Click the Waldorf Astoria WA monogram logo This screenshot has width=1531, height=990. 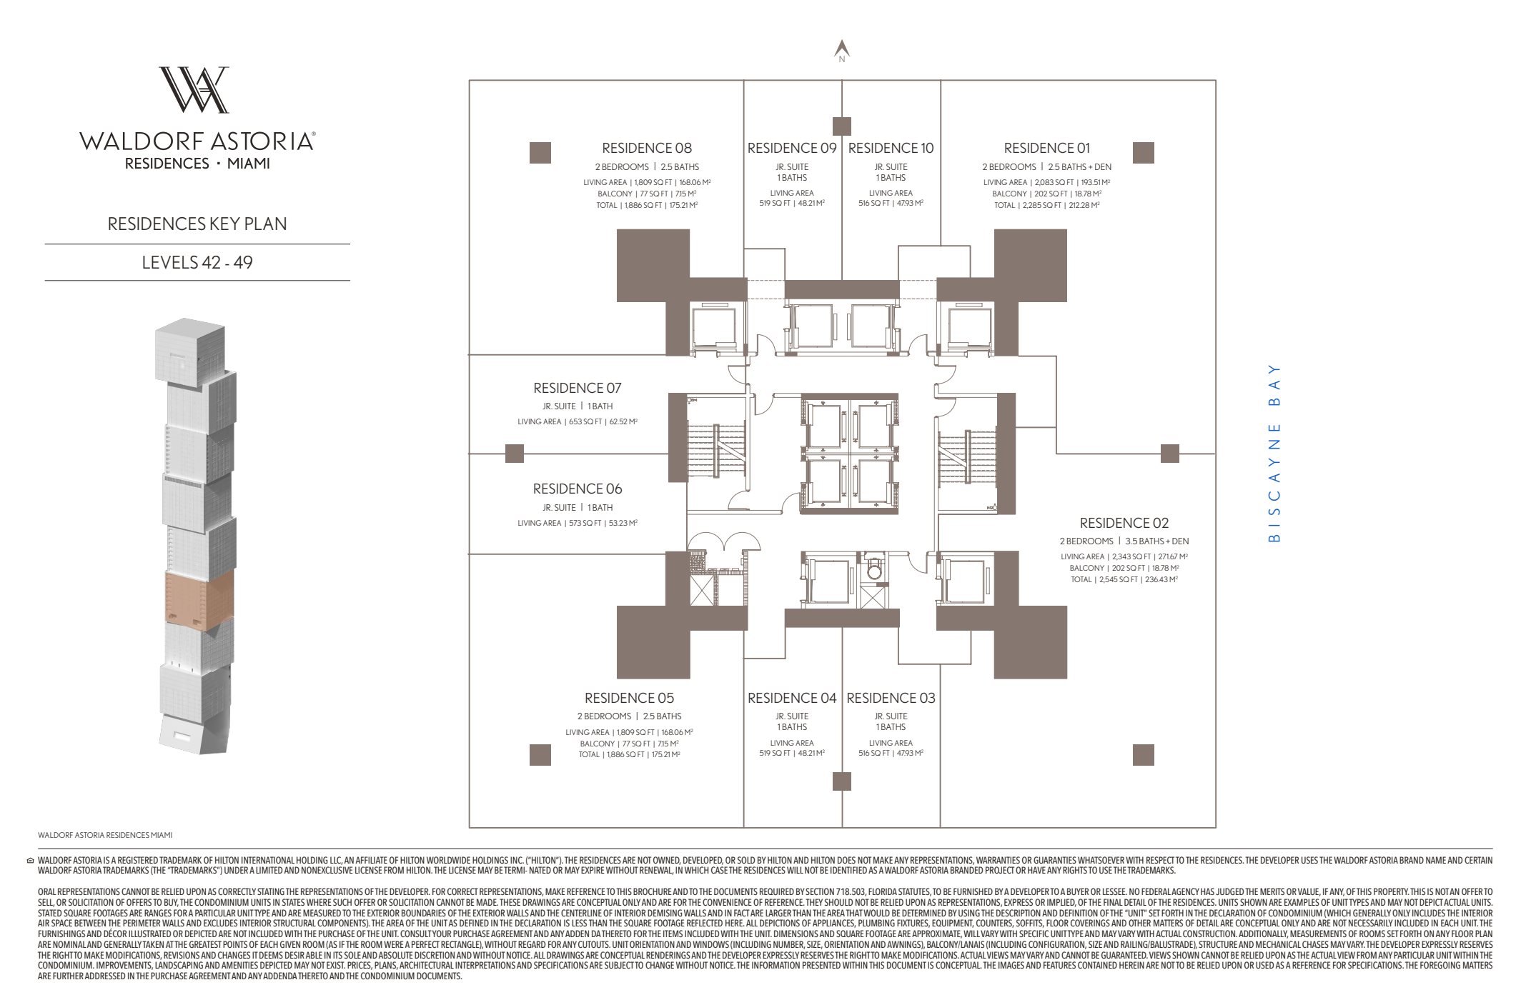pos(194,90)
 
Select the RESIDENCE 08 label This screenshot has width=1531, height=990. pos(646,148)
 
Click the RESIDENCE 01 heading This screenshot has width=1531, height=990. pos(1046,148)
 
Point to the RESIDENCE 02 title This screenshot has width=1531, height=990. pos(1124,523)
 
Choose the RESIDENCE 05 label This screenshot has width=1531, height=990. pos(629,698)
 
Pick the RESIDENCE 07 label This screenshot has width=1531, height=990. pos(577,388)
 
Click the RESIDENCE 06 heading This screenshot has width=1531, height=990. pos(577,489)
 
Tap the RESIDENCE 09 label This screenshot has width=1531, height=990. pos(791,148)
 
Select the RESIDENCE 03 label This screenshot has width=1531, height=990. pos(891,698)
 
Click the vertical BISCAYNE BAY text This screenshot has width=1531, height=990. pos(1274,453)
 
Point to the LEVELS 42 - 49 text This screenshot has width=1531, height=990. pos(197,262)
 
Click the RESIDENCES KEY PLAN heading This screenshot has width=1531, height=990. pos(197,224)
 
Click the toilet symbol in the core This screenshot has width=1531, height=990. pos(874,569)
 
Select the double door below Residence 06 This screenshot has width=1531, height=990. pos(723,541)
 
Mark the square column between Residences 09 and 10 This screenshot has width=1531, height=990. pos(842,126)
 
